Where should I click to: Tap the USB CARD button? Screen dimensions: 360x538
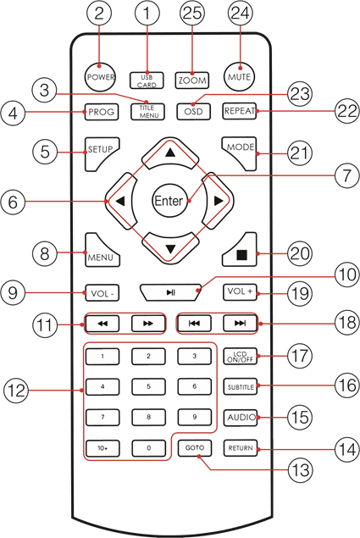(147, 80)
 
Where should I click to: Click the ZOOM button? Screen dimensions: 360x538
(192, 80)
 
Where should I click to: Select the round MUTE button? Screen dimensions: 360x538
(240, 76)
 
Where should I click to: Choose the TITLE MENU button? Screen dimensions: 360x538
(147, 112)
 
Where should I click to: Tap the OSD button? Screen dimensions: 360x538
(194, 112)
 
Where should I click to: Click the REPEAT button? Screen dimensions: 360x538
(239, 111)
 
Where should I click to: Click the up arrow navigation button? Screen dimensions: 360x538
(170, 153)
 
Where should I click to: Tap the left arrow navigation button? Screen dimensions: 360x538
(119, 201)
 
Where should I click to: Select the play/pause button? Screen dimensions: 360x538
(170, 292)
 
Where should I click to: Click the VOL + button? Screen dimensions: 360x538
(240, 292)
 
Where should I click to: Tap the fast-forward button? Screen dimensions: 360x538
(148, 323)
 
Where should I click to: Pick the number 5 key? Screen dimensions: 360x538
(148, 386)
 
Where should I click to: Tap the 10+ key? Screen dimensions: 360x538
(102, 448)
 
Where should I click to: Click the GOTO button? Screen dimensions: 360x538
(195, 448)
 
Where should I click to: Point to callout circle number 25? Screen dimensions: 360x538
(192, 13)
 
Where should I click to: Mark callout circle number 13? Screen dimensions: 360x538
(301, 469)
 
